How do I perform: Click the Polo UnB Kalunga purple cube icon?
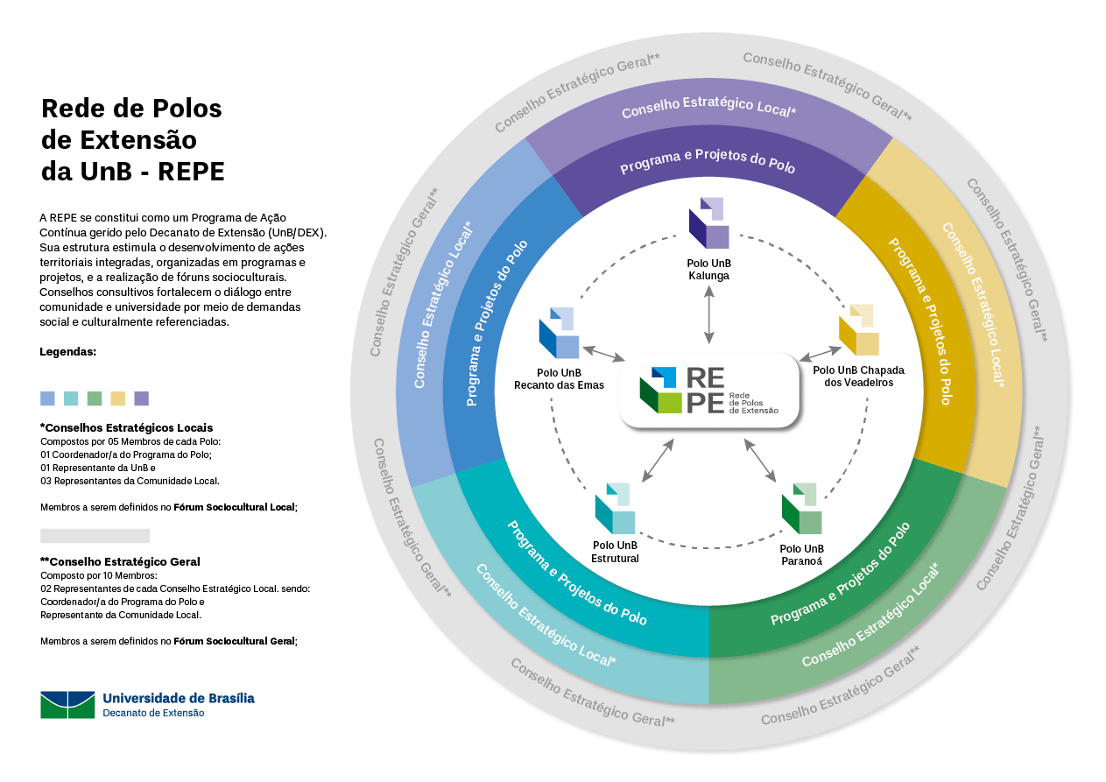coord(709,223)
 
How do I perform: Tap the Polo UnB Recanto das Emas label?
coord(559,378)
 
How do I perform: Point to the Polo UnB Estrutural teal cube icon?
coord(615,509)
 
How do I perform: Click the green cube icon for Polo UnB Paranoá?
coord(801,509)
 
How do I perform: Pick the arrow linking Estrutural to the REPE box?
coord(659,461)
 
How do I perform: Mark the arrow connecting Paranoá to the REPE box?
coord(760,461)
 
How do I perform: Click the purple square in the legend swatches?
coord(142,398)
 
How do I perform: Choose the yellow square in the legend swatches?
coord(118,398)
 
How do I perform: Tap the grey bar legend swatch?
coord(95,535)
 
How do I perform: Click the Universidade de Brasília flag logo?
coord(67,704)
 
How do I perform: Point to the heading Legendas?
coord(68,352)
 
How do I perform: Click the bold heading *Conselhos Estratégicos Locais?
coord(126,427)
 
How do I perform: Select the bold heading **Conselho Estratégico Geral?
coord(120,561)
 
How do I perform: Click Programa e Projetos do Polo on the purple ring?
coord(708,161)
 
